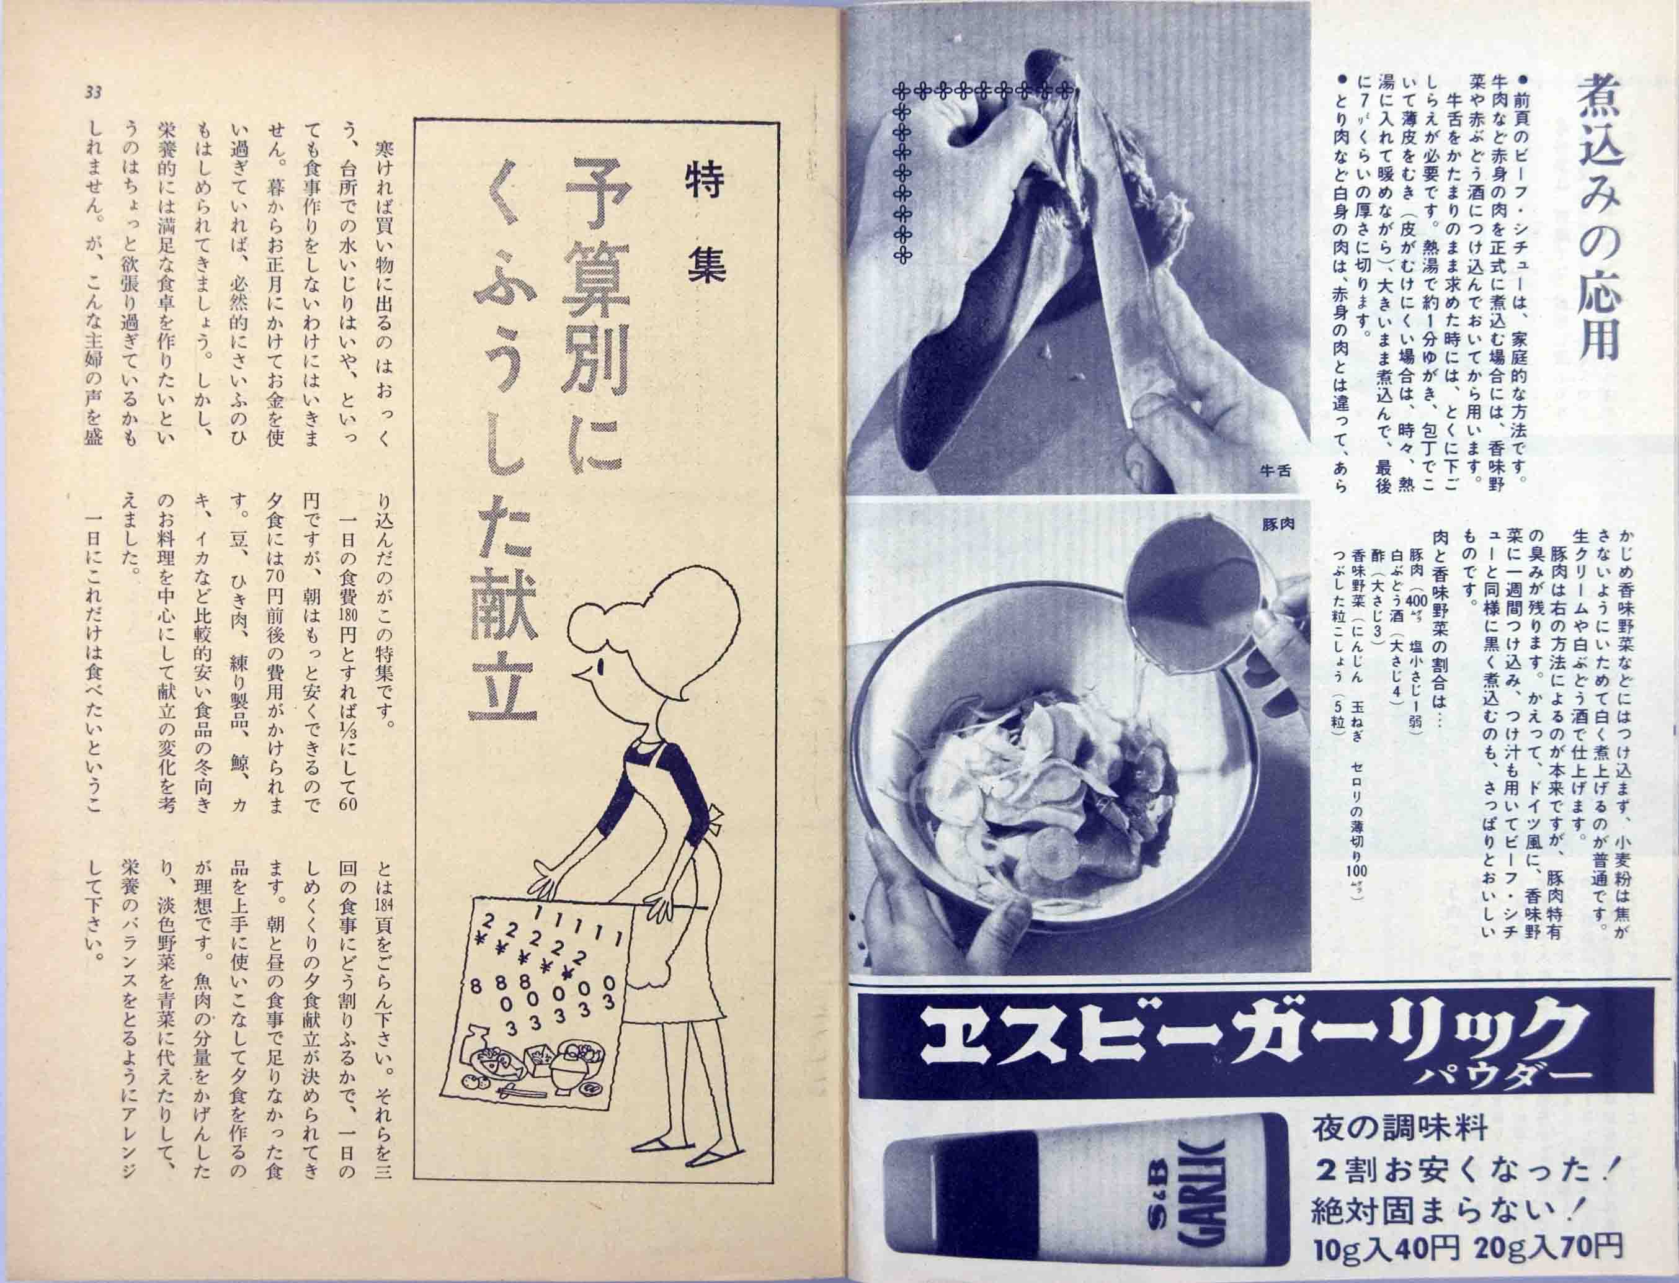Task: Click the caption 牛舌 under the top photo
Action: pos(1275,471)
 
